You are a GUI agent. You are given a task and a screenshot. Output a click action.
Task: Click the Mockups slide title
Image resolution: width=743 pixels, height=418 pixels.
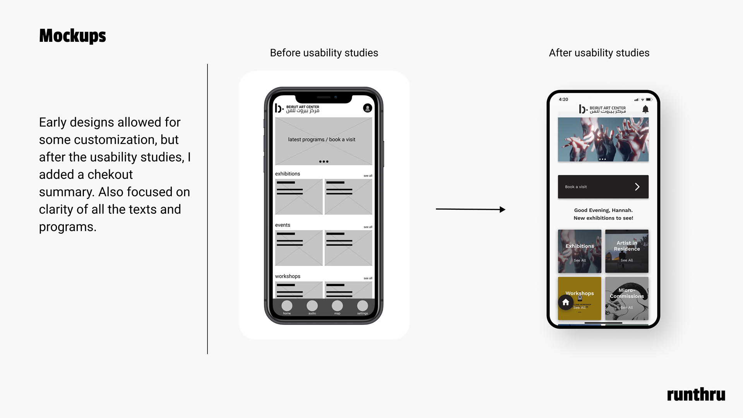tap(72, 36)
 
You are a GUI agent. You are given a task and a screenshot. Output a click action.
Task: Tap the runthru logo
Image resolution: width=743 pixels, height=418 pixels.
tap(696, 394)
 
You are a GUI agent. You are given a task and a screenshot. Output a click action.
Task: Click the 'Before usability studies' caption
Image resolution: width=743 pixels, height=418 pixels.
tap(324, 53)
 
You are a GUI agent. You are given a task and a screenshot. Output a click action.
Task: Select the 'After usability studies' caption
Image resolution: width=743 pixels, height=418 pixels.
tap(599, 53)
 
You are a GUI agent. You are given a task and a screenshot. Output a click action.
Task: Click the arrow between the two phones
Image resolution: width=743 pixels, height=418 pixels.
tap(471, 209)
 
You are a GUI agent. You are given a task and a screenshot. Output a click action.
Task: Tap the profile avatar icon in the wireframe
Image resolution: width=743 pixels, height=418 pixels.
tap(368, 108)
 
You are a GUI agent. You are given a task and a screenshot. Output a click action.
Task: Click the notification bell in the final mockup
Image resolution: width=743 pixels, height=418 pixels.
tap(645, 109)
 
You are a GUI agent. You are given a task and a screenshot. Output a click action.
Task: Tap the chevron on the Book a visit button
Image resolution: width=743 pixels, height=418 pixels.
tap(637, 187)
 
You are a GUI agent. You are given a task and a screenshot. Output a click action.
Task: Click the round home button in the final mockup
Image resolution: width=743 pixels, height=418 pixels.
tap(566, 302)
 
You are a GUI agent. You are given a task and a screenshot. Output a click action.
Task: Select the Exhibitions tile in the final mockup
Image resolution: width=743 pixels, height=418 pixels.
tap(579, 251)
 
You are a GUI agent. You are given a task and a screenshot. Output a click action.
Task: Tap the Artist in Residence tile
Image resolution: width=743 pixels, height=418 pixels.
tap(627, 251)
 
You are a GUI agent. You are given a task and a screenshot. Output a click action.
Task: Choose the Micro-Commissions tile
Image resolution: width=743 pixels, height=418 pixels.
tap(627, 298)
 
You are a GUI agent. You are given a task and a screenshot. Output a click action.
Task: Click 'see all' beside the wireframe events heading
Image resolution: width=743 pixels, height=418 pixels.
tap(368, 227)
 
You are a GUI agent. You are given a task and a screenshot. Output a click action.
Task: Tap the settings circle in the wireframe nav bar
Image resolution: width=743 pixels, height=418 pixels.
tap(363, 306)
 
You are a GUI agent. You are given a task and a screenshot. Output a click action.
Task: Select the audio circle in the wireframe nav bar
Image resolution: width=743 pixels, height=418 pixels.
tap(312, 306)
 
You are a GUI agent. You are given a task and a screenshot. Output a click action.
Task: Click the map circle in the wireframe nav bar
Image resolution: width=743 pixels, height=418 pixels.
tap(337, 306)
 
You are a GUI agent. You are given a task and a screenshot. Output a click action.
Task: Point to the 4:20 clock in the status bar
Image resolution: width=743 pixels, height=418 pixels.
tap(563, 99)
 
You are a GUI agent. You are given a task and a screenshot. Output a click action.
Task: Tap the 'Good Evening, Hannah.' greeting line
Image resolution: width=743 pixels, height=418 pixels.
tap(603, 210)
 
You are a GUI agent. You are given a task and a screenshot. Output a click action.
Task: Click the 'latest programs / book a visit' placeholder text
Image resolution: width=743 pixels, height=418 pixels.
tap(322, 139)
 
